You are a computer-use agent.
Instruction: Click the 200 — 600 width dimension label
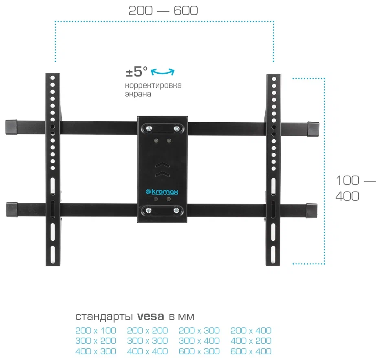[x=163, y=11]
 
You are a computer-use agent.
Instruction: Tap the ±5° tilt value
[x=136, y=72]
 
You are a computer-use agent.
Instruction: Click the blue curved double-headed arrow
[x=163, y=72]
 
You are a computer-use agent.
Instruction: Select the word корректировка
[x=153, y=86]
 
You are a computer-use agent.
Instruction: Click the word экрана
[x=138, y=94]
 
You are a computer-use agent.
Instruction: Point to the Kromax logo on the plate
[x=162, y=192]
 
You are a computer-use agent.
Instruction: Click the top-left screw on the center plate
[x=148, y=128]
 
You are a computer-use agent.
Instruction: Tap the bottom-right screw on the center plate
[x=176, y=211]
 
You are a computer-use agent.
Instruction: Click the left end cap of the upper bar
[x=11, y=127]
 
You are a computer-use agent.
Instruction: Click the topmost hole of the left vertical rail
[x=53, y=78]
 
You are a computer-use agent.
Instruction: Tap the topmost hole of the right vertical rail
[x=274, y=79]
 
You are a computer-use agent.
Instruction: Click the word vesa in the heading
[x=150, y=316]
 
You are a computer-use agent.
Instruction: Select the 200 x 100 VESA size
[x=96, y=330]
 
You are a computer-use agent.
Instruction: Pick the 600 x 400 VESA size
[x=251, y=351]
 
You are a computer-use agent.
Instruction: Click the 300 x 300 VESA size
[x=147, y=341]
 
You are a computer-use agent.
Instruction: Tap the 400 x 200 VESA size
[x=251, y=341]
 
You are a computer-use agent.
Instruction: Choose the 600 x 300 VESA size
[x=199, y=351]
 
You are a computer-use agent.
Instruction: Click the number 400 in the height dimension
[x=347, y=196]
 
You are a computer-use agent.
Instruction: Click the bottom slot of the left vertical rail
[x=53, y=254]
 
